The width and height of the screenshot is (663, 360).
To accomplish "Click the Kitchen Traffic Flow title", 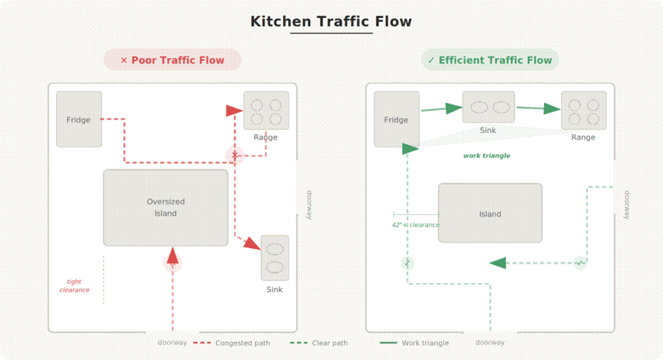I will coord(331,21).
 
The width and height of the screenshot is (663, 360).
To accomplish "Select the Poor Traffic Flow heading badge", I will coord(172,60).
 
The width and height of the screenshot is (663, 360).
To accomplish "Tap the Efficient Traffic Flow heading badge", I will coord(489,60).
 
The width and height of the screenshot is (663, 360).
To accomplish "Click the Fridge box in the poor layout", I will coord(79,119).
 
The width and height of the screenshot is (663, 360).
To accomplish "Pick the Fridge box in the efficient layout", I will coord(396,119).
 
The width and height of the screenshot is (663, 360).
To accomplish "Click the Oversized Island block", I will coord(166,207).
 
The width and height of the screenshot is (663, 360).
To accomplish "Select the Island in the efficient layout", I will coord(490,213).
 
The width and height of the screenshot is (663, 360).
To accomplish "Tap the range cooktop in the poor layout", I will coord(266,111).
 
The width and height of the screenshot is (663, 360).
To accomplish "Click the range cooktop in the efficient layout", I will coord(583,111).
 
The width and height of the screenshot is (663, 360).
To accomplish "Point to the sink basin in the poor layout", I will coord(275,258).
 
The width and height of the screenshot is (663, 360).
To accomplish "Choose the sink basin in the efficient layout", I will coord(488,107).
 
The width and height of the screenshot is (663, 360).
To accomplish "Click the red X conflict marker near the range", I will coord(235,155).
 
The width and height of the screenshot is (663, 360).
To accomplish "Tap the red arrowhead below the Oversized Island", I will coord(173,257).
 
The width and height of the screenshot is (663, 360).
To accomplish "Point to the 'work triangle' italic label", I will coord(486,155).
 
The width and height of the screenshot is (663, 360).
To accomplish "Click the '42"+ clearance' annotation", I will coord(415,225).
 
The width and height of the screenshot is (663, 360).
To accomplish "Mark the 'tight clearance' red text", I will coord(74,286).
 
